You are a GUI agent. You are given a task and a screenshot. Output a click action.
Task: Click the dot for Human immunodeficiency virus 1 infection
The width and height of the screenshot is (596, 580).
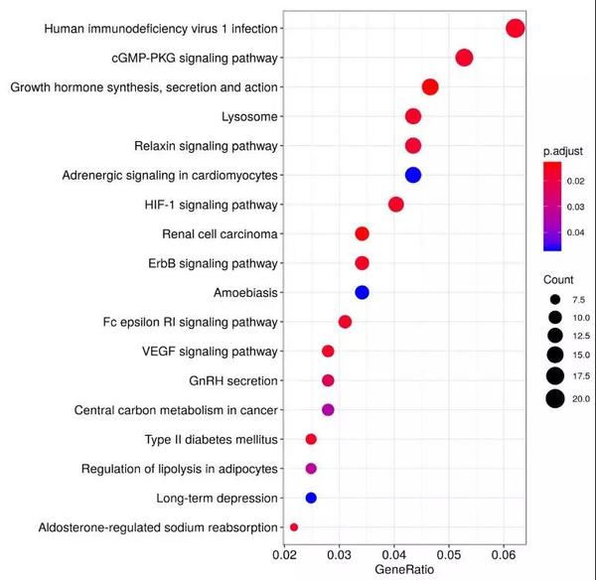pos(515,28)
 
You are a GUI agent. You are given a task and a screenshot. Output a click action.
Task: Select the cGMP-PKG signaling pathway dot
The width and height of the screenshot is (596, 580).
pos(464,58)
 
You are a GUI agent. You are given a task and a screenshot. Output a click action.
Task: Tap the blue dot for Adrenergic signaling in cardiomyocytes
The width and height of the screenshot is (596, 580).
pos(413,175)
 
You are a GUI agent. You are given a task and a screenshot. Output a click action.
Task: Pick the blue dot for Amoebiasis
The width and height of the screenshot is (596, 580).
pos(362,292)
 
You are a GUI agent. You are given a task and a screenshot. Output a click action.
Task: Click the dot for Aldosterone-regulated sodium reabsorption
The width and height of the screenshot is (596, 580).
pos(293,526)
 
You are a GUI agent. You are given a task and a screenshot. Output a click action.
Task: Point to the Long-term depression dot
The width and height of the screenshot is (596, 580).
pos(311,498)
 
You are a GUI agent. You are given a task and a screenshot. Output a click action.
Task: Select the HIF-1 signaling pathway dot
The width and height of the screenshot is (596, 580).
pos(395,205)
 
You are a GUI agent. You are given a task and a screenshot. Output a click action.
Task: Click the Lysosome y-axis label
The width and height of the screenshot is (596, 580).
pos(249,116)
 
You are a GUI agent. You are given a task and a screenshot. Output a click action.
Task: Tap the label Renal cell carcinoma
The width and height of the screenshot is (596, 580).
pos(220,234)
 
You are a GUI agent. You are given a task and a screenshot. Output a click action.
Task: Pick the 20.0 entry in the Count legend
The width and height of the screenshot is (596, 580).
pos(554,399)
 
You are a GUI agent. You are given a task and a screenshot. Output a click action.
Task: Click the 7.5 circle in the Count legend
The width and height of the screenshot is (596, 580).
pos(554,299)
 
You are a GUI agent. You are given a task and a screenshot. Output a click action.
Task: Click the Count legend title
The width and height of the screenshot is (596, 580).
pos(559,280)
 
